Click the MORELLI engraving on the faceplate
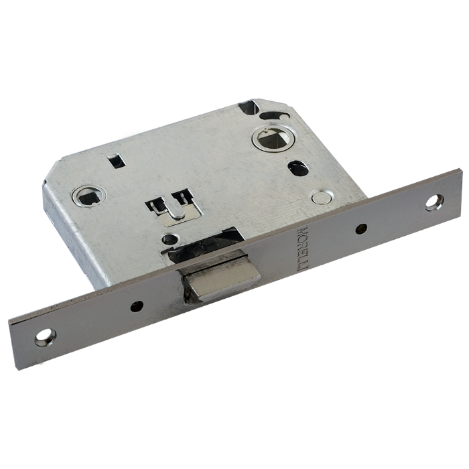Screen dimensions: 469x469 tap(301, 249)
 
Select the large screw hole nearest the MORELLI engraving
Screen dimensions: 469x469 tap(435, 203)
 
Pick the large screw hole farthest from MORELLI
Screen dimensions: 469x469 tap(45, 338)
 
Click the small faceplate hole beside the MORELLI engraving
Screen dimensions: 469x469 tap(362, 228)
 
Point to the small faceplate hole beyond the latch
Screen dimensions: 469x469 tap(137, 306)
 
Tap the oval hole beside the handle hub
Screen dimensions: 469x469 tap(297, 167)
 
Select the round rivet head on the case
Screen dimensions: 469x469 tap(320, 197)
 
